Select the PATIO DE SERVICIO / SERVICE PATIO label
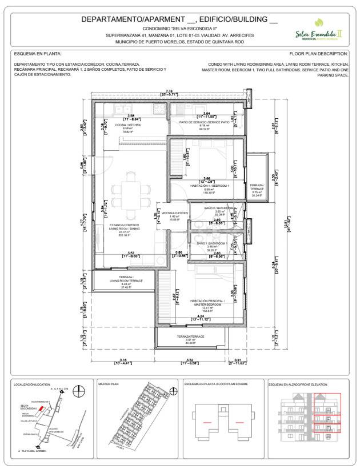tap(205, 122)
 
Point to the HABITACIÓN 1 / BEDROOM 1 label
tap(210, 186)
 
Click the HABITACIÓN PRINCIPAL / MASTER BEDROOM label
tap(207, 301)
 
